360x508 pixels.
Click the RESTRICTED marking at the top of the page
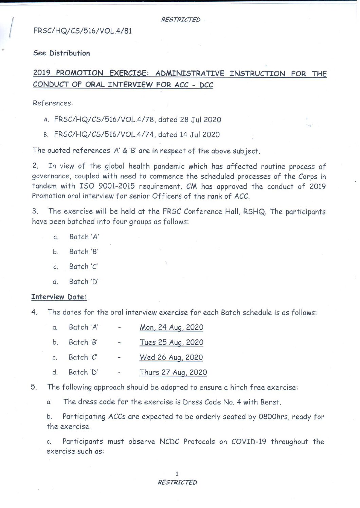pyautogui.click(x=180, y=20)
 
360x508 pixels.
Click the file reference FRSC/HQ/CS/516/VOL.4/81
pyautogui.click(x=83, y=31)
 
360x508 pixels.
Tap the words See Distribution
pyautogui.click(x=61, y=53)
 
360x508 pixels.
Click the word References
pyautogui.click(x=53, y=103)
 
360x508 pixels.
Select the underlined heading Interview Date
pyautogui.click(x=59, y=297)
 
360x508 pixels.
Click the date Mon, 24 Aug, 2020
pyautogui.click(x=172, y=327)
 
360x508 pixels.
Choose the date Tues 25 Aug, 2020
pyautogui.click(x=172, y=342)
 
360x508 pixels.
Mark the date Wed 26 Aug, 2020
pyautogui.click(x=171, y=357)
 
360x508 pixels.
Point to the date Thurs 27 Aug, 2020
pyautogui.click(x=173, y=372)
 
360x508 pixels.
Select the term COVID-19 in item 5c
pyautogui.click(x=249, y=442)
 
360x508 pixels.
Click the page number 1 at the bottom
pyautogui.click(x=177, y=474)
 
